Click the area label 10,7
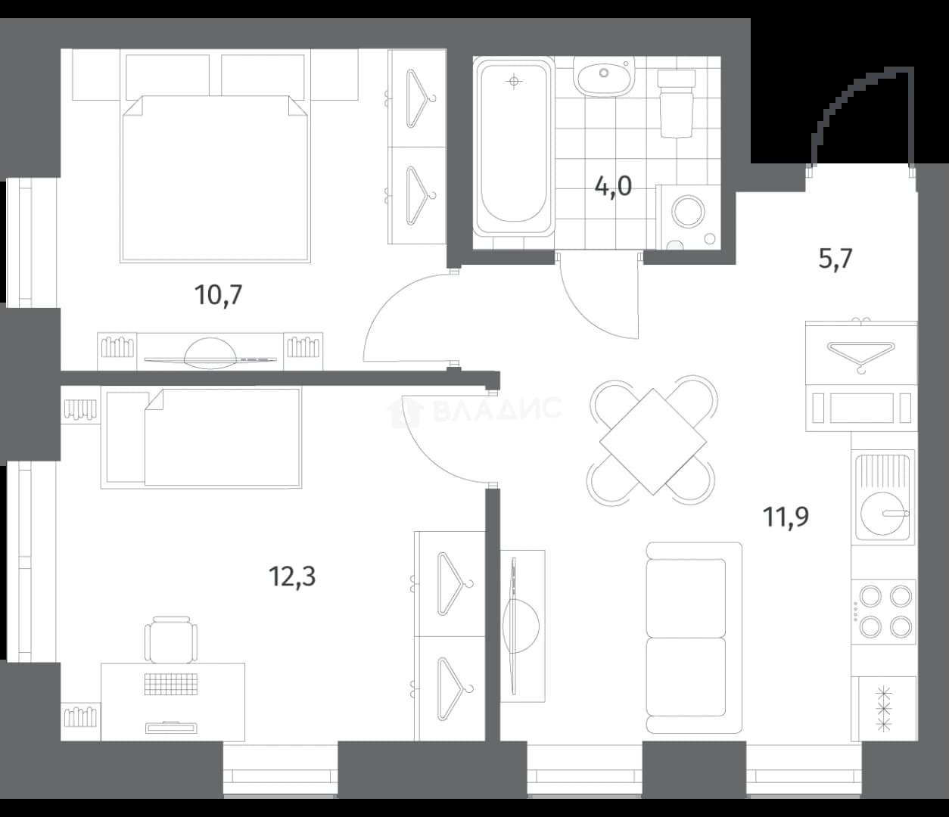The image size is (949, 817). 218,295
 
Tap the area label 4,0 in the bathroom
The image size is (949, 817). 613,186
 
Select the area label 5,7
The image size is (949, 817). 835,259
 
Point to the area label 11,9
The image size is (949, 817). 786,517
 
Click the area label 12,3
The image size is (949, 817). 292,576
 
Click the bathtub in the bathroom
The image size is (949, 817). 514,147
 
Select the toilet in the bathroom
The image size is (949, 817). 676,104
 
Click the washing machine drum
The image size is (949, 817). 688,212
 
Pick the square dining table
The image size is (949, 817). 653,442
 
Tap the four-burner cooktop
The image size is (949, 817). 883,612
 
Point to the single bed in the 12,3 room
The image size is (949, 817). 201,437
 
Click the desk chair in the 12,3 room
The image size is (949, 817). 171,639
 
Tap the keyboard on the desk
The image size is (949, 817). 171,685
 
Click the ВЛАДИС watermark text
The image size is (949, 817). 496,408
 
